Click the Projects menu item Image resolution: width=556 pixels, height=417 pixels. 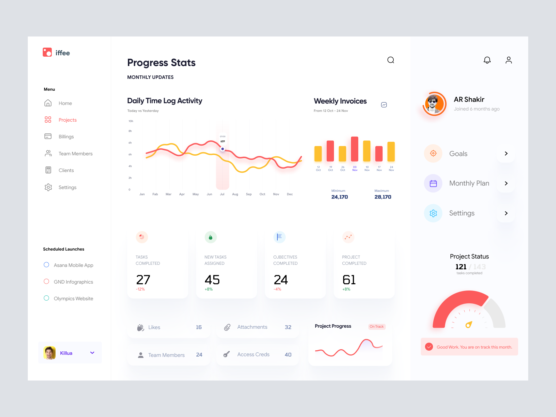(67, 120)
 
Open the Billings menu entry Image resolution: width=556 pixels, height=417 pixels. (66, 137)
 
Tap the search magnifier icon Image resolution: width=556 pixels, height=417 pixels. (391, 60)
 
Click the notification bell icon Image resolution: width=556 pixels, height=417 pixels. (487, 60)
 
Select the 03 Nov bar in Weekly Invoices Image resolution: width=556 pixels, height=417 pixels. (354, 149)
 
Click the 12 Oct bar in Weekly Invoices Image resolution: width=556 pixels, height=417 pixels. (318, 154)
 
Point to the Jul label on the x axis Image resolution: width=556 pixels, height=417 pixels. (222, 194)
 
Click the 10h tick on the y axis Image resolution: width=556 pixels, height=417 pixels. (131, 121)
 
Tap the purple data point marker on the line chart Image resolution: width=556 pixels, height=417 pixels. (223, 149)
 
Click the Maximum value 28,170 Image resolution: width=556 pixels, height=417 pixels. (383, 197)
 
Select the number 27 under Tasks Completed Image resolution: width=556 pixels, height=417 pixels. (143, 280)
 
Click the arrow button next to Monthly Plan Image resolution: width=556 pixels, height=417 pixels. (506, 183)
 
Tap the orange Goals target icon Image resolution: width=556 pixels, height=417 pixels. (433, 153)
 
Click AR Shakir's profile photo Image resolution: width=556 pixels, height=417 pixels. (434, 104)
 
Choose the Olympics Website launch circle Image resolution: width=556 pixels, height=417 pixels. (47, 298)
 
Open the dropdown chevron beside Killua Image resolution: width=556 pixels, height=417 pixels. (92, 353)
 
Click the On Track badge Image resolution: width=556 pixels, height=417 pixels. (377, 327)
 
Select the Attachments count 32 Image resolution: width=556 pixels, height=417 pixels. (288, 327)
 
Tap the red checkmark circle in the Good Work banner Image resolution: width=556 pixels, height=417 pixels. (429, 347)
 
